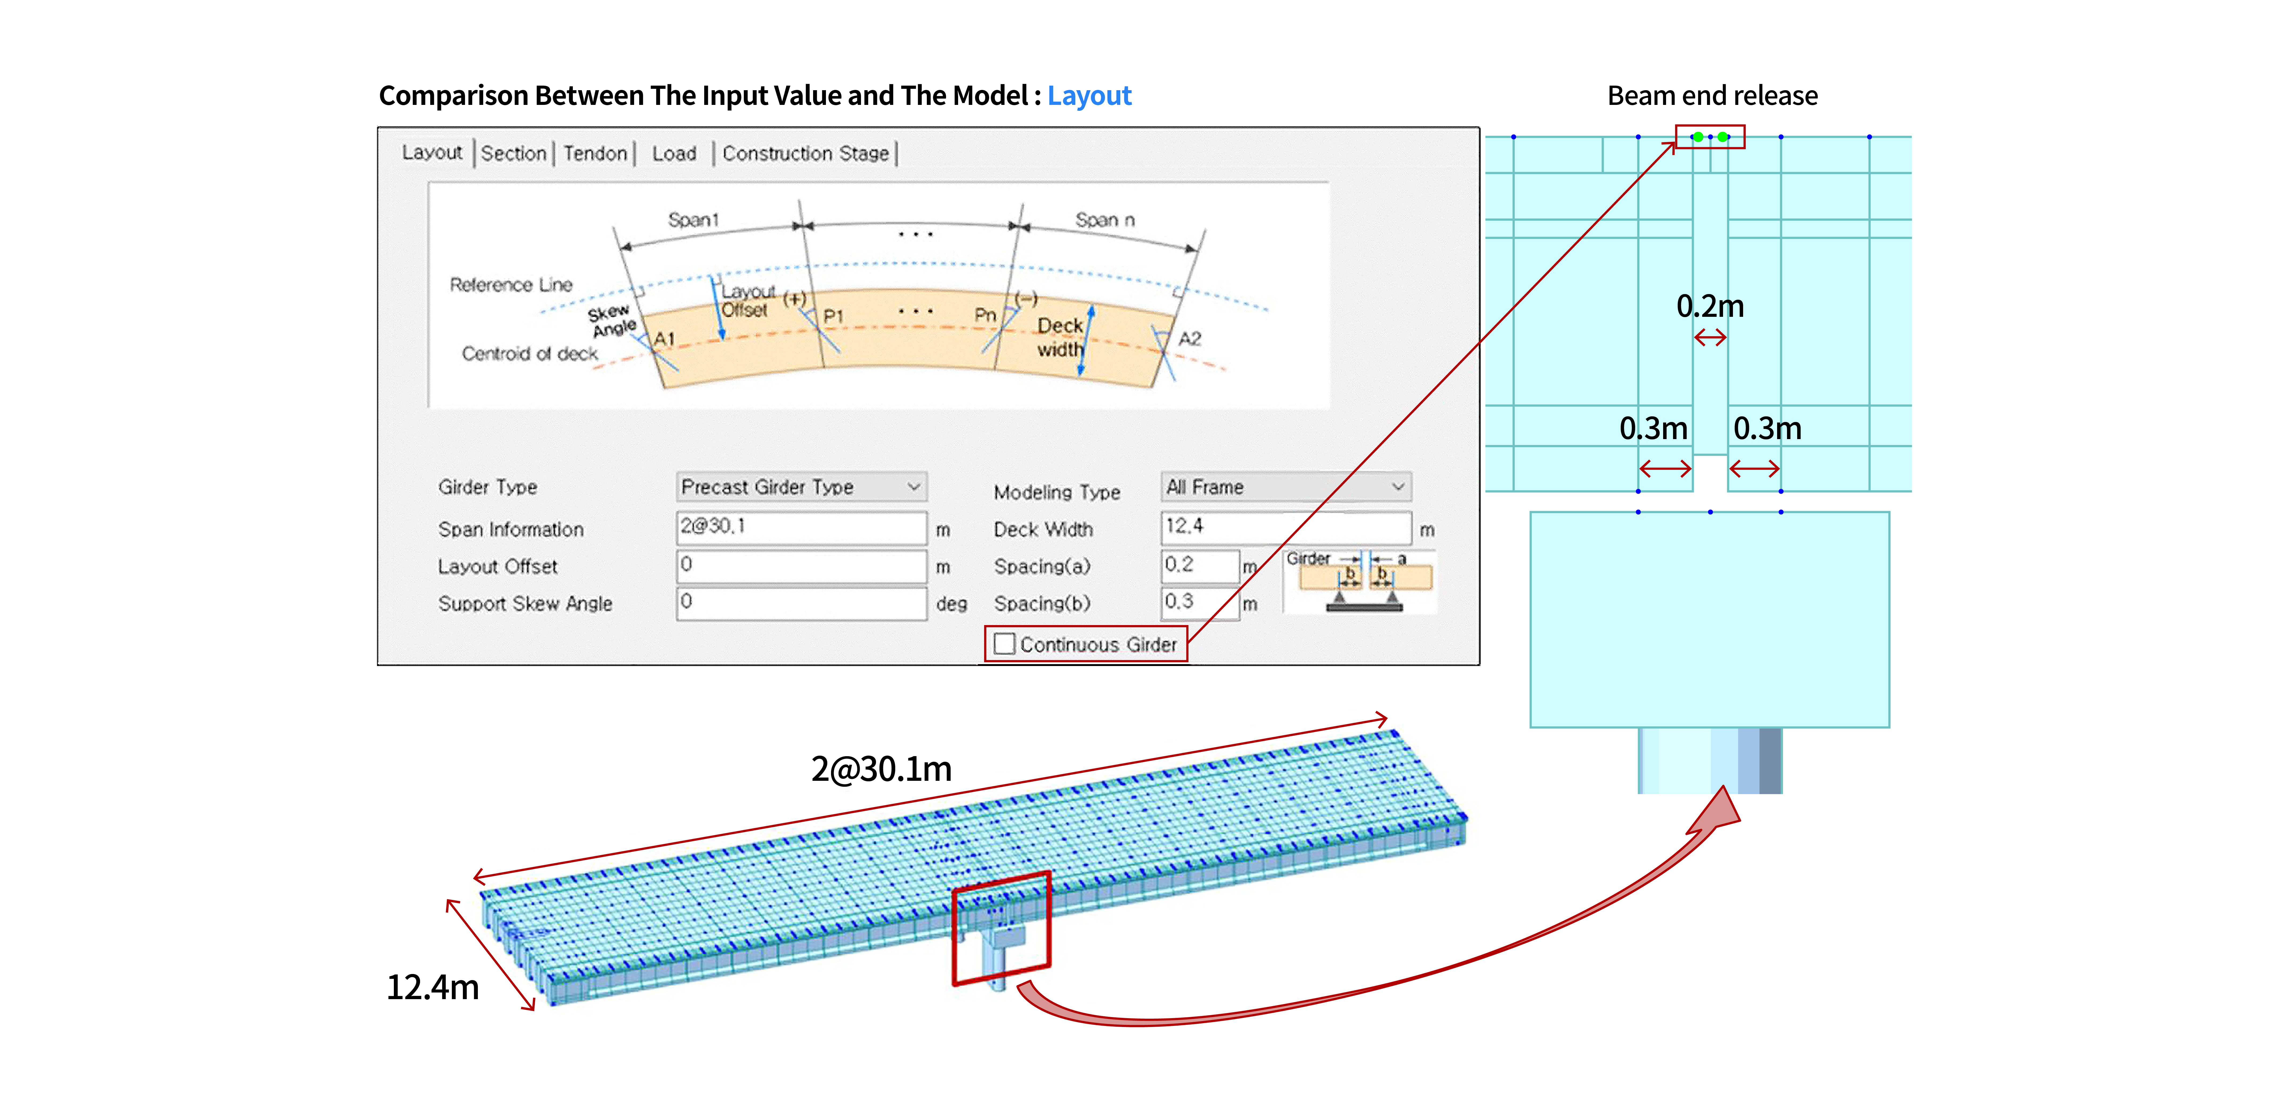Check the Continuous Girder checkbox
coord(1005,644)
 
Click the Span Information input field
coord(801,527)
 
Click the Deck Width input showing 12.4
coord(1285,527)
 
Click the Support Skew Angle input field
coord(801,603)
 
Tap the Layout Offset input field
coord(801,565)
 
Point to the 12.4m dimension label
coord(433,987)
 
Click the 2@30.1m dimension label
coord(881,768)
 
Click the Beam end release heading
coord(1712,95)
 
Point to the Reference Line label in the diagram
coord(511,284)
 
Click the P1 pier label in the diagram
coord(833,317)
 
